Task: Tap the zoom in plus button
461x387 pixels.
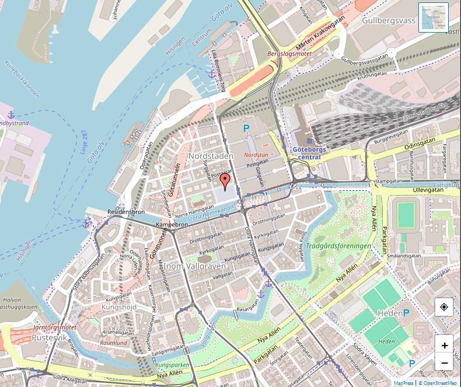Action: click(445, 345)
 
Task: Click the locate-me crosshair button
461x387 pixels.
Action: click(445, 307)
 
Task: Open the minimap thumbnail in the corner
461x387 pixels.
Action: click(434, 17)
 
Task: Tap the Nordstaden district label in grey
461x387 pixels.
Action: click(211, 156)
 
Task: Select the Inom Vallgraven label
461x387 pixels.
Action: click(195, 266)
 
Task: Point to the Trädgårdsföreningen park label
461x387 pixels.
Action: click(338, 246)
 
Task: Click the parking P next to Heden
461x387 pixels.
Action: click(406, 313)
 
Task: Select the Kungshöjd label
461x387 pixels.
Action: click(119, 306)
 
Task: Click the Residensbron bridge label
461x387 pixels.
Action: click(126, 212)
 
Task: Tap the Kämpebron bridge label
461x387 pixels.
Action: click(172, 224)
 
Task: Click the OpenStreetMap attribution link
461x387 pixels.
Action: click(440, 383)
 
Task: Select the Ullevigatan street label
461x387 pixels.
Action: click(429, 190)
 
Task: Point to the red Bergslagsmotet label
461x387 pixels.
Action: click(289, 53)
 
